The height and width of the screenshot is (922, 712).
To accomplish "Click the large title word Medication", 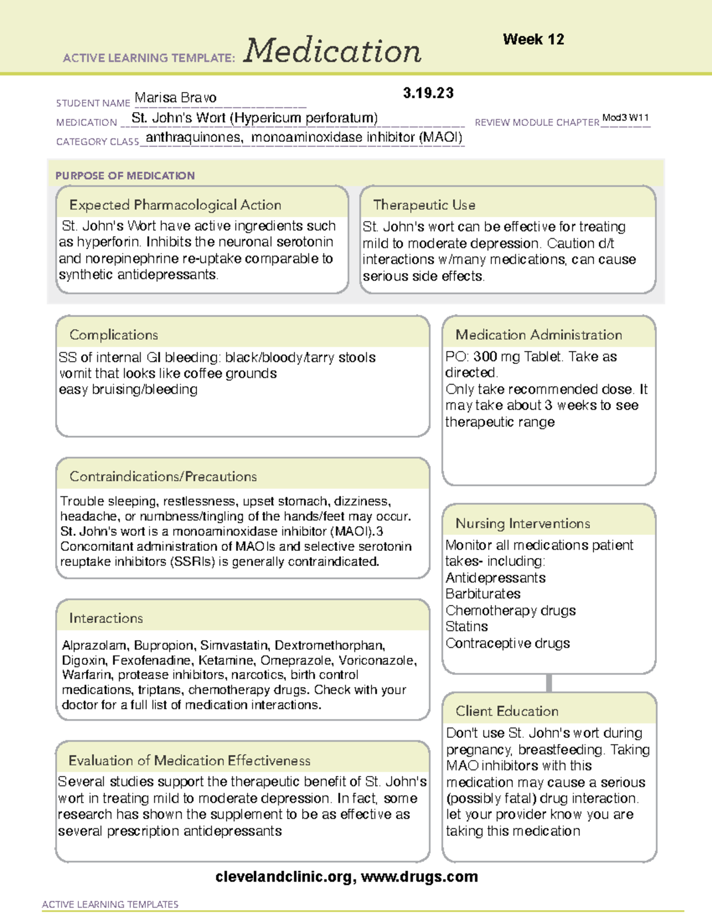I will coord(332,51).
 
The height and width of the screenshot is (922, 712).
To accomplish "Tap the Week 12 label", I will coord(533,40).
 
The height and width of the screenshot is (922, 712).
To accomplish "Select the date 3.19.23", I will coord(428,93).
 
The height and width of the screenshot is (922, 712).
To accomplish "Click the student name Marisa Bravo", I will coord(175,97).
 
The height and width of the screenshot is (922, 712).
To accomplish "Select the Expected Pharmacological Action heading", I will coord(175,205).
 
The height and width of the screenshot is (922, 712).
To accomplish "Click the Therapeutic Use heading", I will coord(424,205).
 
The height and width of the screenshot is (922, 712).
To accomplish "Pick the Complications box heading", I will coord(113,335).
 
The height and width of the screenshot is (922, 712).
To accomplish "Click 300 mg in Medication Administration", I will coord(485,357).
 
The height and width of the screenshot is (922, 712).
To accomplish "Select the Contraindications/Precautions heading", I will coord(163,477).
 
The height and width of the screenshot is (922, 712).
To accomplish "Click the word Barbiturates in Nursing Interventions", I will coord(482,594).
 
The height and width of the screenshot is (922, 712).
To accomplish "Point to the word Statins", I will coord(466,626).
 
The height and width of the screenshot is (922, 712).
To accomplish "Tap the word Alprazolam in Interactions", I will coord(94,645).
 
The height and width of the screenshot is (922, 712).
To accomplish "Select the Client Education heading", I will coord(507,711).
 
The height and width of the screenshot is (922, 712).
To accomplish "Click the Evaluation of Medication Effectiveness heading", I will coord(189,761).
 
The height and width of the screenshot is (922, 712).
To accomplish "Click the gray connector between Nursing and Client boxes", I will coord(549,683).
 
